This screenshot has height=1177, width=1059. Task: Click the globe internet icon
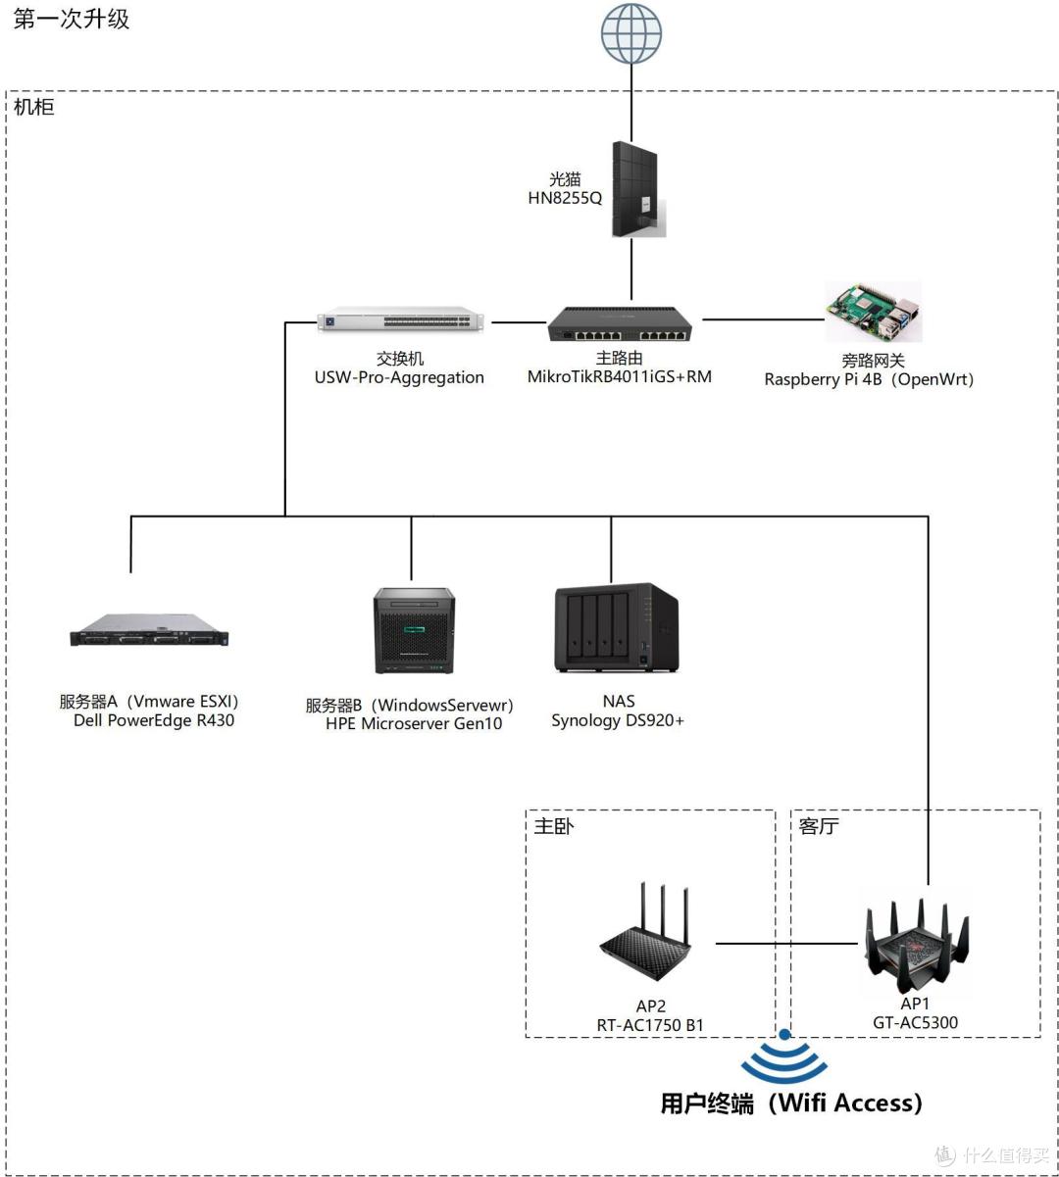pyautogui.click(x=631, y=33)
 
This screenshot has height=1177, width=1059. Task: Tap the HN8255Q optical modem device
pyautogui.click(x=638, y=189)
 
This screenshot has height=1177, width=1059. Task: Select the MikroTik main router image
pyautogui.click(x=620, y=323)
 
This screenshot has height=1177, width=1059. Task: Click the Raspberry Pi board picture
pyautogui.click(x=874, y=312)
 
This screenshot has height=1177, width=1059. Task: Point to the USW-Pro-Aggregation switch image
pyautogui.click(x=401, y=320)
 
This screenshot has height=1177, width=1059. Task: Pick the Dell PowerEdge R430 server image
pyautogui.click(x=149, y=630)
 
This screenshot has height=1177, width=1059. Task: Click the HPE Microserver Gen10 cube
pyautogui.click(x=414, y=631)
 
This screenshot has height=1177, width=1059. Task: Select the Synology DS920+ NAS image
pyautogui.click(x=616, y=627)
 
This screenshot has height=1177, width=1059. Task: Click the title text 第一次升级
pyautogui.click(x=71, y=20)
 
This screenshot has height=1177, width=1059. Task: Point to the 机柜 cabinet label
pyautogui.click(x=34, y=107)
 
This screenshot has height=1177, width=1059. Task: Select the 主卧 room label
pyautogui.click(x=553, y=826)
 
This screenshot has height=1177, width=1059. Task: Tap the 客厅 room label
pyautogui.click(x=818, y=826)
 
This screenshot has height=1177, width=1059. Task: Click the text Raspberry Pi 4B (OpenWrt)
pyautogui.click(x=869, y=379)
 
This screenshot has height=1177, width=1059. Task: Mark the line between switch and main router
pyautogui.click(x=519, y=322)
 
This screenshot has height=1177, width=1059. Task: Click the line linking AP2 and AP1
pyautogui.click(x=786, y=944)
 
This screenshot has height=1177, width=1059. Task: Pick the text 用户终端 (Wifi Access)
pyautogui.click(x=791, y=1103)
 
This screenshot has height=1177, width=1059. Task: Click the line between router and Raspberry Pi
pyautogui.click(x=764, y=319)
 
